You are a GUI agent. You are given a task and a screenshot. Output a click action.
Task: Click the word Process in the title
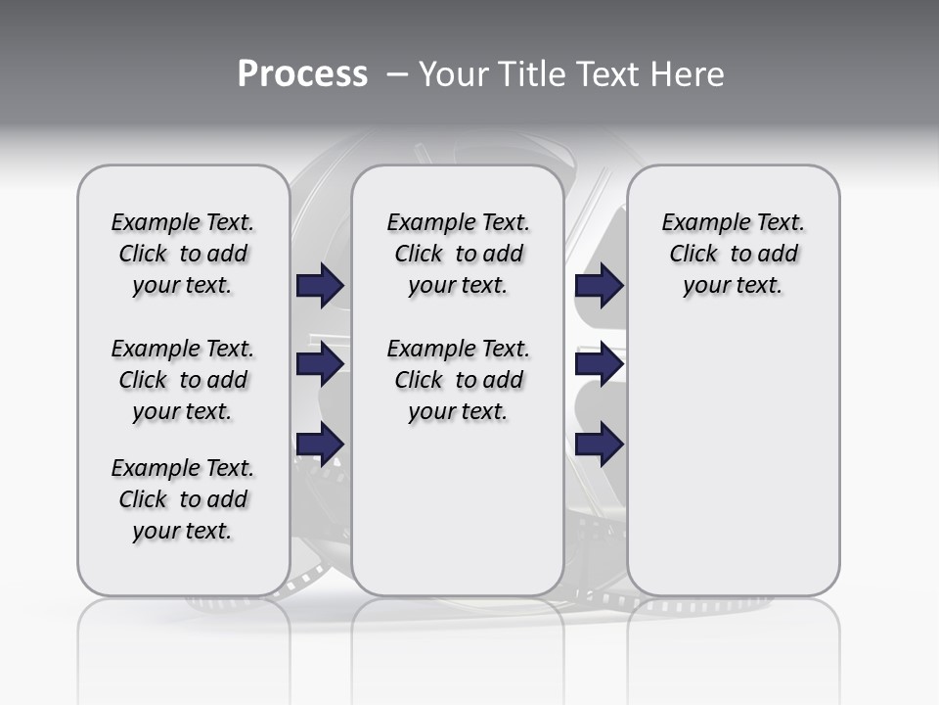302,73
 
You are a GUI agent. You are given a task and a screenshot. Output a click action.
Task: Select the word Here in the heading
689,73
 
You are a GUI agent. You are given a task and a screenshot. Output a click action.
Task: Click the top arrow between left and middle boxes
320,285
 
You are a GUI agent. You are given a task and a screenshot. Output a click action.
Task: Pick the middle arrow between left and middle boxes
320,364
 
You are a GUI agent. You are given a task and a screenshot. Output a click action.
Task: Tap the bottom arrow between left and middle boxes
320,444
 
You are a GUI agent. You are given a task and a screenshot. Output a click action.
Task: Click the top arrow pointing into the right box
599,285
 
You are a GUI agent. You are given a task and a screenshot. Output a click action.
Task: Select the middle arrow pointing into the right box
599,364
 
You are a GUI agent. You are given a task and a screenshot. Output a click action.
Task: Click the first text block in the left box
183,254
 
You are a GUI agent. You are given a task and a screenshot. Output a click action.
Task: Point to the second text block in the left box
183,380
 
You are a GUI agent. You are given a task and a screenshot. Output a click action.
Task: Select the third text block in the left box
183,499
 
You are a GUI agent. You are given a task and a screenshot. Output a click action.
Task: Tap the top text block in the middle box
458,254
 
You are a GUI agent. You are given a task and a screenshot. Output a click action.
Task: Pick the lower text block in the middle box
458,380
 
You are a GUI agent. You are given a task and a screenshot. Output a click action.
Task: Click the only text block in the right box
733,254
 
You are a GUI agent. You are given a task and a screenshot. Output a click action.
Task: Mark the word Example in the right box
698,222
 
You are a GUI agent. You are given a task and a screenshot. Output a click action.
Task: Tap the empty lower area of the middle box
458,509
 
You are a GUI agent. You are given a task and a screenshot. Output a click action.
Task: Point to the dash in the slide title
396,73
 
